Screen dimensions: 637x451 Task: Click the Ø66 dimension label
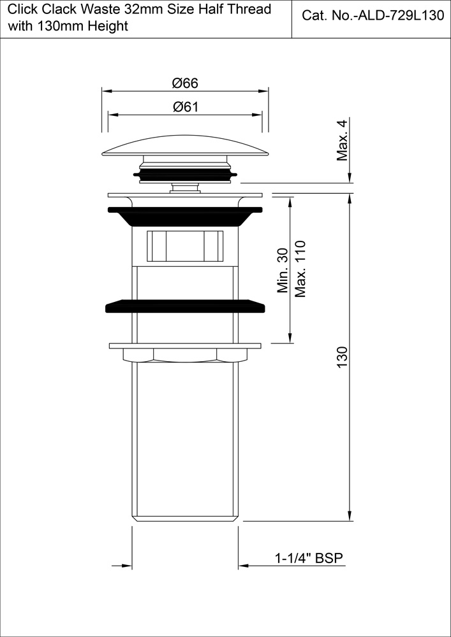click(185, 83)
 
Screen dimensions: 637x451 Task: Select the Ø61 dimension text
click(185, 107)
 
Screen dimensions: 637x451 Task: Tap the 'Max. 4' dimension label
click(343, 140)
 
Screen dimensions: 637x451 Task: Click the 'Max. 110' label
click(300, 268)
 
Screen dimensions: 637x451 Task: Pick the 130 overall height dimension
click(342, 360)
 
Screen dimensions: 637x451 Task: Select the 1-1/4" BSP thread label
click(309, 559)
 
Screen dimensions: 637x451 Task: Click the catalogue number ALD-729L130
click(373, 17)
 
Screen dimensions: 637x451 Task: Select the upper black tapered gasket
click(185, 215)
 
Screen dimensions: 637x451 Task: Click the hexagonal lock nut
click(185, 354)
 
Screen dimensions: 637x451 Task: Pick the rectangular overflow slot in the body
click(185, 245)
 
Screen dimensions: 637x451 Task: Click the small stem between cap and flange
click(185, 187)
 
